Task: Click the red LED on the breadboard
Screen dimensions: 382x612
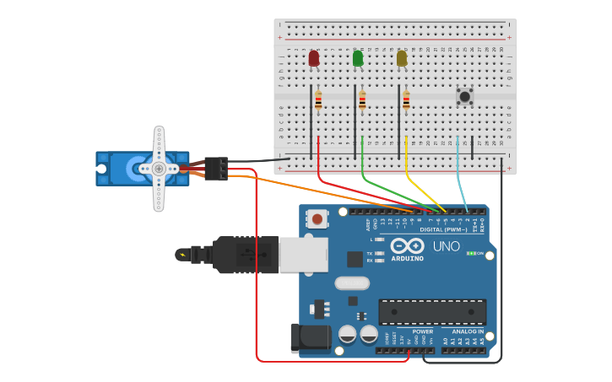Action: [314, 58]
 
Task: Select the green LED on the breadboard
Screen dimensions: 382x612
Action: [358, 58]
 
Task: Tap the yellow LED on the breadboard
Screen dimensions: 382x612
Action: [402, 58]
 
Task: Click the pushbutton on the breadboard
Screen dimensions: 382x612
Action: [464, 96]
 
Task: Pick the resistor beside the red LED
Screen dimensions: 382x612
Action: [318, 101]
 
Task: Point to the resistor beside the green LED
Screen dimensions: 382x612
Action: [362, 101]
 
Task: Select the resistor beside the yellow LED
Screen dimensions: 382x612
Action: [406, 101]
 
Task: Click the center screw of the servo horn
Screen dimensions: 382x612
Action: [159, 169]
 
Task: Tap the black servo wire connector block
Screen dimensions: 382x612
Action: [216, 169]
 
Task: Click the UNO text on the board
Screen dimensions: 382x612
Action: [446, 247]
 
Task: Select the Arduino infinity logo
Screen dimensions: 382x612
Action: [406, 246]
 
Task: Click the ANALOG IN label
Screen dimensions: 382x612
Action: [468, 331]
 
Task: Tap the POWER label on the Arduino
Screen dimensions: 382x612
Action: [422, 331]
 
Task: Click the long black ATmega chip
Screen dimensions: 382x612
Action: [432, 312]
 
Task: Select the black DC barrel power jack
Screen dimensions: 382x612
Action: [310, 338]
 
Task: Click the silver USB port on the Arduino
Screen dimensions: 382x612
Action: [303, 254]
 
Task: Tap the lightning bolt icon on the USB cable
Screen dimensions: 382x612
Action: [182, 254]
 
